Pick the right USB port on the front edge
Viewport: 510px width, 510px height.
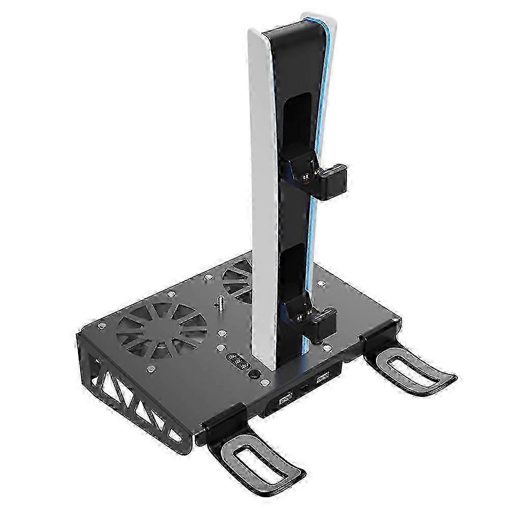pos(321,379)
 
